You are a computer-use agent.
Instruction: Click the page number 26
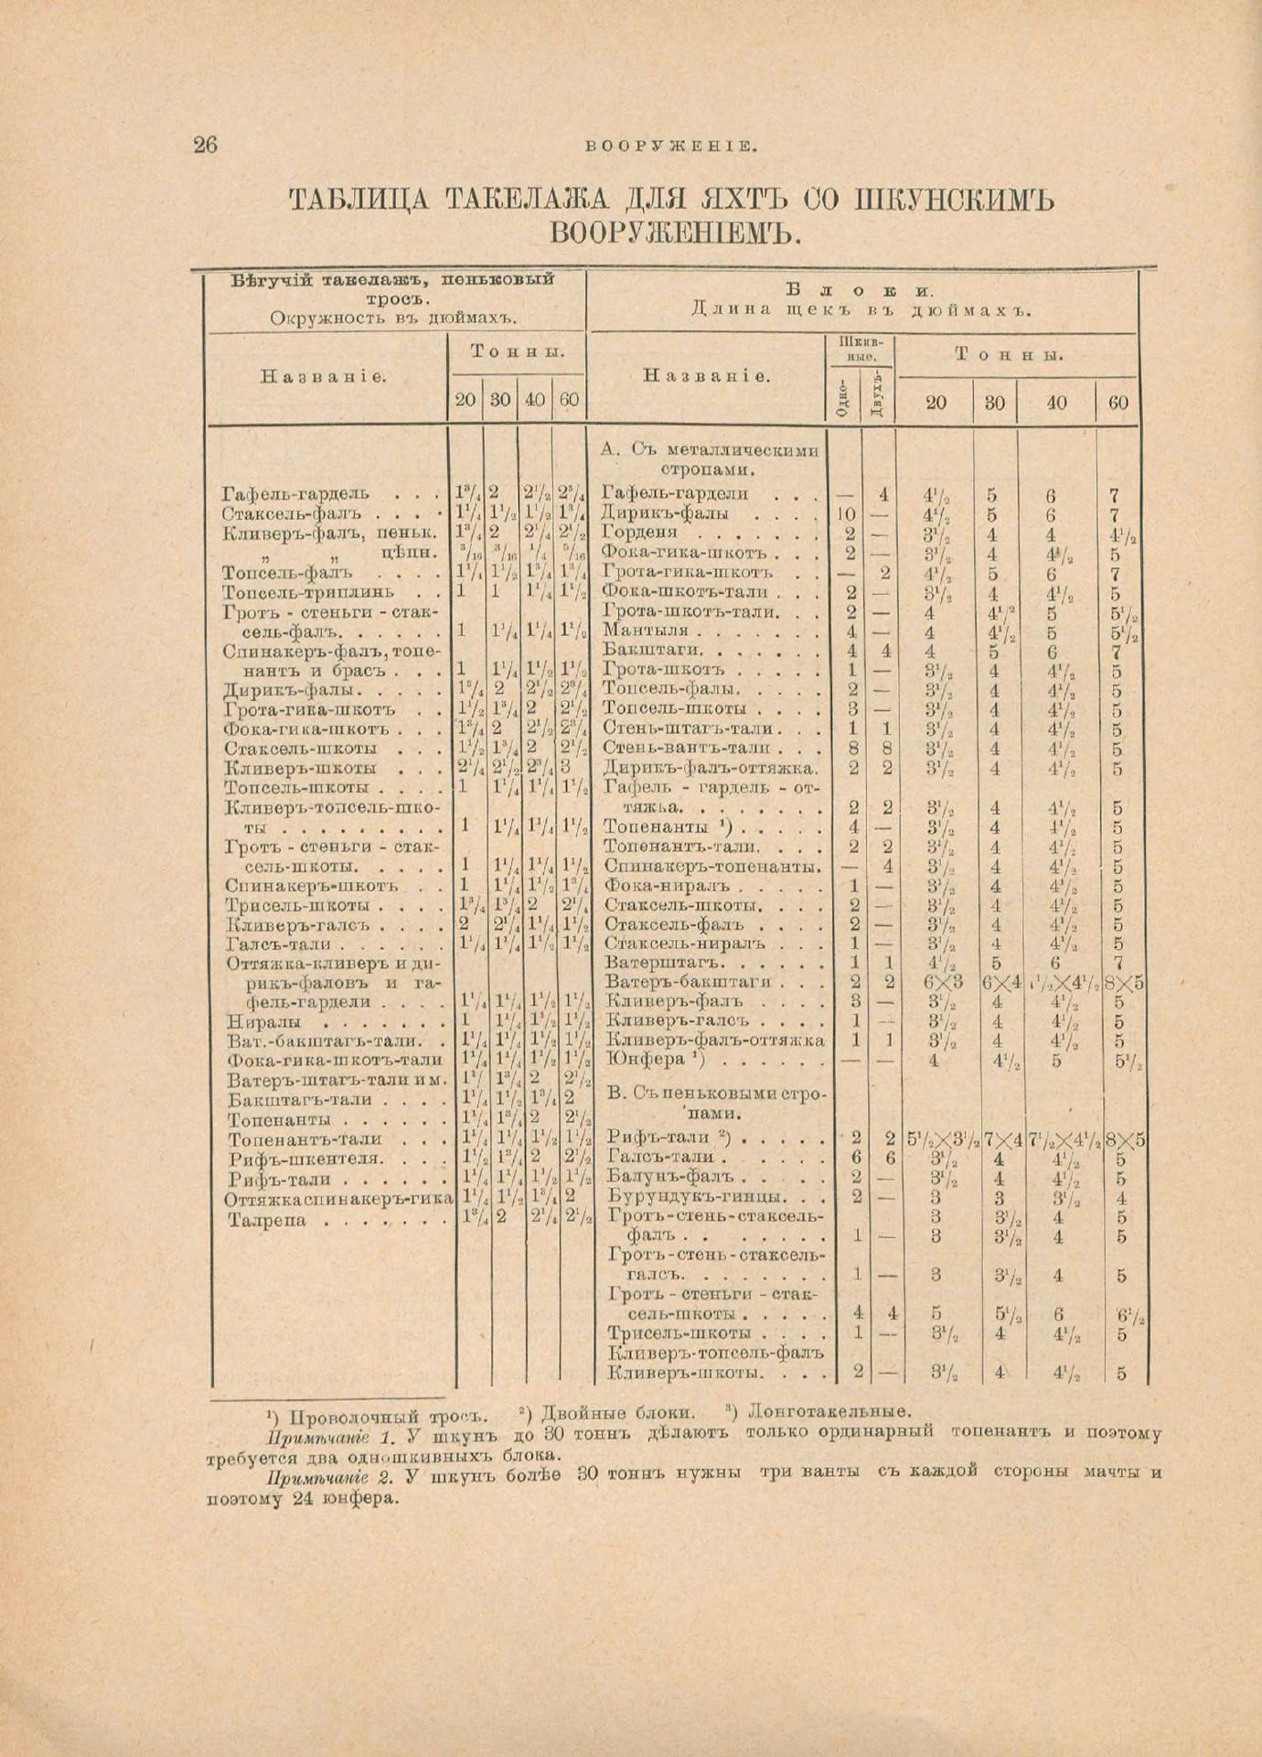coord(206,146)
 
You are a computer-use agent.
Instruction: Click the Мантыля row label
coord(652,631)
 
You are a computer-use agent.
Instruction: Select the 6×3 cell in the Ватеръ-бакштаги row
coord(935,983)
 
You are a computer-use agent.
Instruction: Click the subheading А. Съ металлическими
coord(710,449)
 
